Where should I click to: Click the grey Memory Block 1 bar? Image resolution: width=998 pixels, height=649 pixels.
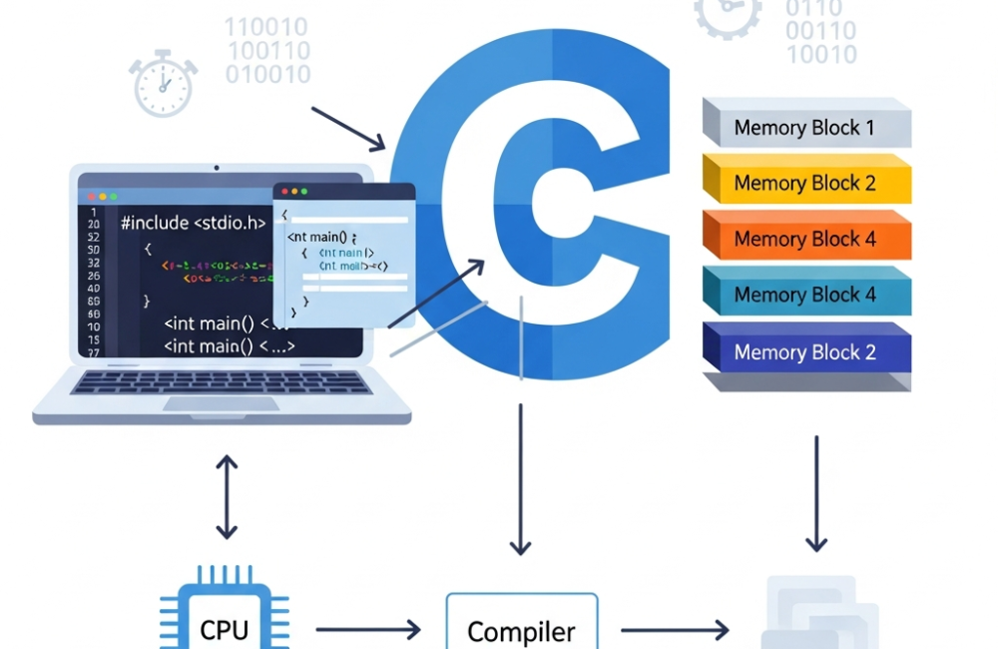point(806,127)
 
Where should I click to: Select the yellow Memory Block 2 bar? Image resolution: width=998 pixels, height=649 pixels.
point(806,183)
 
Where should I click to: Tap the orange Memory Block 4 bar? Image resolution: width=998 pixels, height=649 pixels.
point(806,240)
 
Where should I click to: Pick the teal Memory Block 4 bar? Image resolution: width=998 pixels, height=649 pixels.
point(806,296)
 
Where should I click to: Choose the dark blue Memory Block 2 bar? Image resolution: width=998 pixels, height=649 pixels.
point(806,352)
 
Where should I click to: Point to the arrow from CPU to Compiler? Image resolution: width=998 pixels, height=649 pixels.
point(368,629)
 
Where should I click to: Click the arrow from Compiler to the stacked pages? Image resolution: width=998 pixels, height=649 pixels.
point(674,630)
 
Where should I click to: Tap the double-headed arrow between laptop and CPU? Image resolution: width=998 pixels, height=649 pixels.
point(228,496)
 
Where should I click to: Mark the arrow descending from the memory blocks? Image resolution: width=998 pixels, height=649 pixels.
point(816,493)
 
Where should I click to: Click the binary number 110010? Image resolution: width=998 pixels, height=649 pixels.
point(266,27)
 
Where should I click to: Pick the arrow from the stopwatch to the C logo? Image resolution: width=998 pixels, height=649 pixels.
point(348,129)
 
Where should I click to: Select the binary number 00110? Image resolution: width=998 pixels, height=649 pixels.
point(820,31)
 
